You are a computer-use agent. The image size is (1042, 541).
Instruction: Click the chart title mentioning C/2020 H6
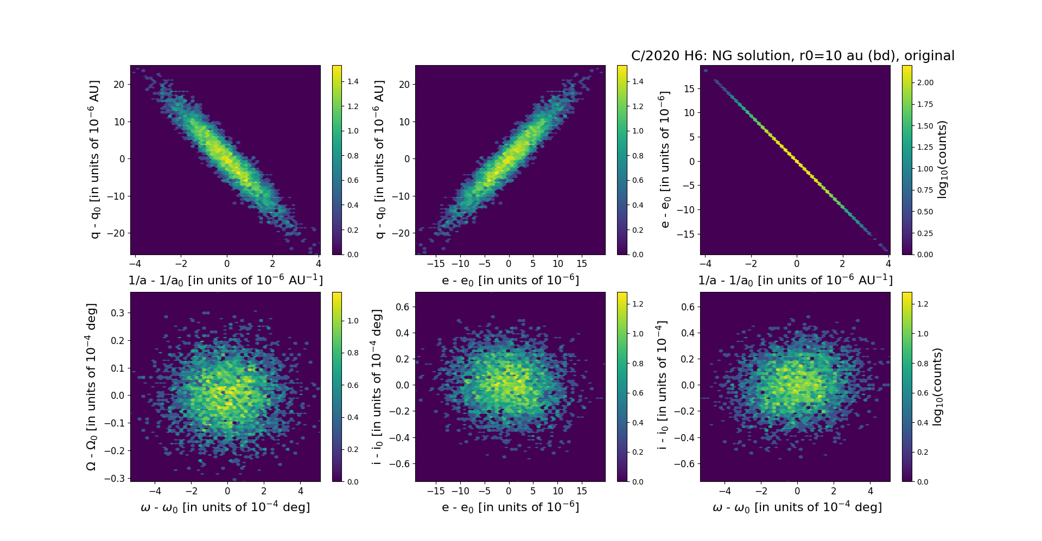point(792,56)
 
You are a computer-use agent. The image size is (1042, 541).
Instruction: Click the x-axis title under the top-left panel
point(225,280)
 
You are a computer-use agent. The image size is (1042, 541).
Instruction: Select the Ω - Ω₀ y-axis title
point(92,387)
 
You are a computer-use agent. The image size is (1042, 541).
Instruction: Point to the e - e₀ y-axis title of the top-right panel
point(664,160)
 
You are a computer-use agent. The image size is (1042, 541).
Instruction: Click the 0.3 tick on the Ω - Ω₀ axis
point(118,313)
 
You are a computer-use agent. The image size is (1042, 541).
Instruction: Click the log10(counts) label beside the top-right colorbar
point(943,160)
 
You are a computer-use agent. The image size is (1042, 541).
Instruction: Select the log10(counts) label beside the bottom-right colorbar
point(937,387)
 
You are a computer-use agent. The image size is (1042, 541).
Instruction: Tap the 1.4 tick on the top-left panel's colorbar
point(353,81)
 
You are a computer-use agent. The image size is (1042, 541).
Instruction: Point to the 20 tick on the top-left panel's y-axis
point(119,85)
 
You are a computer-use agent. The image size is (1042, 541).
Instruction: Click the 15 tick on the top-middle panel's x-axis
point(582,264)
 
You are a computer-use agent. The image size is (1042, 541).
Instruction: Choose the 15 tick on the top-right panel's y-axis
point(689,89)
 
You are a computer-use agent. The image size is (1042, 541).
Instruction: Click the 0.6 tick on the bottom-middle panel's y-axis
point(402,307)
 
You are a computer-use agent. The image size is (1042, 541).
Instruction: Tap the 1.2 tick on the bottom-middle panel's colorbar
point(638,304)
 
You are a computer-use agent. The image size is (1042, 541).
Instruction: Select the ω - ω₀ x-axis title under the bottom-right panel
point(797,507)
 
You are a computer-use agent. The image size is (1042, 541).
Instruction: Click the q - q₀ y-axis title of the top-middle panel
point(379,160)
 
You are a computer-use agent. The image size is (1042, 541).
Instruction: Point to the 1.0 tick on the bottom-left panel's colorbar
point(353,321)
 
